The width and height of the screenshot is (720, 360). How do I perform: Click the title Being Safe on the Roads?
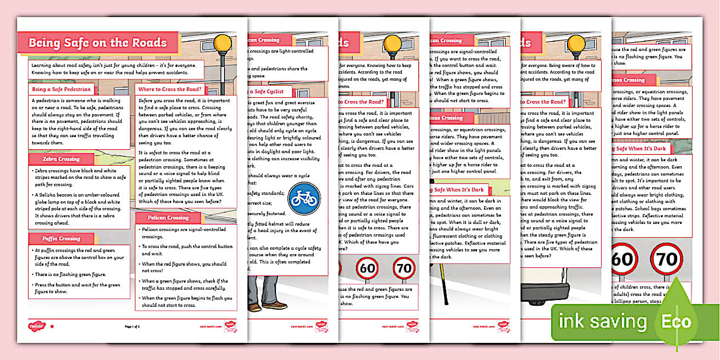pyautogui.click(x=98, y=43)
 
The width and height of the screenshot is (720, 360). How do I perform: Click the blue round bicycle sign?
pyautogui.click(x=305, y=198)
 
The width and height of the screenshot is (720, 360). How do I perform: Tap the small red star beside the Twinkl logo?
pyautogui.click(x=53, y=326)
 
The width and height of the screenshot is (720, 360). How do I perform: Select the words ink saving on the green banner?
pyautogui.click(x=602, y=321)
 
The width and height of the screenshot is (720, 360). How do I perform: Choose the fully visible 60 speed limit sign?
pyautogui.click(x=367, y=267)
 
